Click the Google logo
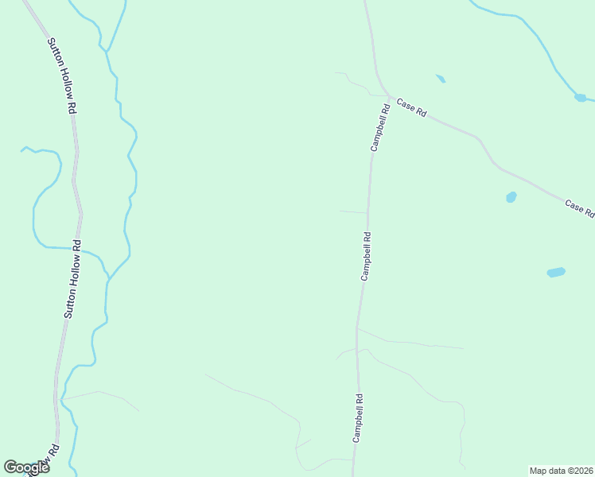coord(26,467)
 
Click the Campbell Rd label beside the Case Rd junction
coord(379,127)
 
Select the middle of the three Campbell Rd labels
coord(366,255)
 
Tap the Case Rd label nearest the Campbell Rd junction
coord(411,107)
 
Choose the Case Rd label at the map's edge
coord(580,209)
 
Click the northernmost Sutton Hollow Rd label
coord(61,76)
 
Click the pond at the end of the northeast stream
coord(580,98)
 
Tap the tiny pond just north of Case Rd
coord(441,79)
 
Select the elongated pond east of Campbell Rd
coord(556,273)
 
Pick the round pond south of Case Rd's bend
coord(511,197)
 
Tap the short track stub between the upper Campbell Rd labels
coord(353,212)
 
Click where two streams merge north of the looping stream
coord(106,50)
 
